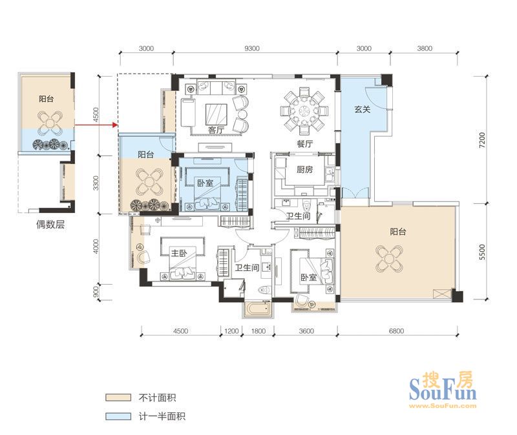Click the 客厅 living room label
(x=216, y=130)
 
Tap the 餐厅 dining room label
(x=304, y=144)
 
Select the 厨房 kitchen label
(x=304, y=170)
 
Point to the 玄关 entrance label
(x=363, y=109)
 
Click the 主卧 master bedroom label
(x=179, y=253)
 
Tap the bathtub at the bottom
(x=259, y=309)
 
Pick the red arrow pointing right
(x=96, y=125)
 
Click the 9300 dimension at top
(x=251, y=48)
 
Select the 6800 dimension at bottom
(x=396, y=330)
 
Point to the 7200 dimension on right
(x=482, y=139)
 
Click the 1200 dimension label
(x=231, y=330)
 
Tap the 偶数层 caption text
(x=50, y=225)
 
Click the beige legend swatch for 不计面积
(x=118, y=397)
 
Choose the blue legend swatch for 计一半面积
(x=118, y=416)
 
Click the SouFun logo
(x=443, y=390)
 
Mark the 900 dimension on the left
(x=96, y=292)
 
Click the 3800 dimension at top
(x=425, y=48)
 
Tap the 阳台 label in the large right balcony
(x=398, y=232)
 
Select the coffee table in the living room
(x=216, y=114)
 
